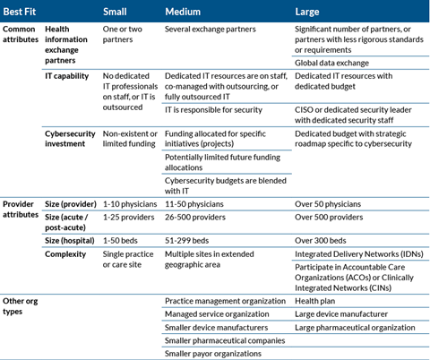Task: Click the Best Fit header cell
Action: point(21,12)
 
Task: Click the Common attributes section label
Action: point(21,35)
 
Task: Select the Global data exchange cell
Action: point(331,63)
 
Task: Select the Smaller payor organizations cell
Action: point(214,352)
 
